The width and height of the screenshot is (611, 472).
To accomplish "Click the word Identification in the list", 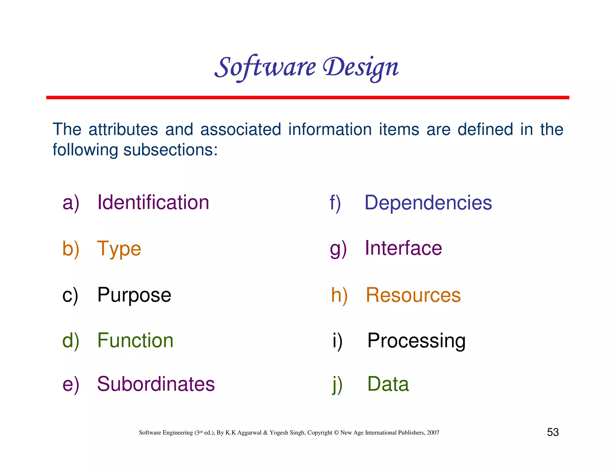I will [153, 202].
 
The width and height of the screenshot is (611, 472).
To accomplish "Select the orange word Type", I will [119, 249].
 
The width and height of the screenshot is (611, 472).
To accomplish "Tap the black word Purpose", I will [134, 295].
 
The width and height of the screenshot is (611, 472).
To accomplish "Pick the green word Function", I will [135, 340].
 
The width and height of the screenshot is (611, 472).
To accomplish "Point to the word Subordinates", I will [156, 384].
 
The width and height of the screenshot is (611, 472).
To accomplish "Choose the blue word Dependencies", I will [428, 203].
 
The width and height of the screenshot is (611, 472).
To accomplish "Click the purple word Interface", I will [403, 248].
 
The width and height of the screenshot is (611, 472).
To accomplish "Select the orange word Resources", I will [413, 295].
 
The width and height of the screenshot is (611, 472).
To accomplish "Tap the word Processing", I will [416, 341].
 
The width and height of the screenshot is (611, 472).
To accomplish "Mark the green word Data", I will [388, 384].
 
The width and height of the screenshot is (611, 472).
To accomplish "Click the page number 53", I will [553, 432].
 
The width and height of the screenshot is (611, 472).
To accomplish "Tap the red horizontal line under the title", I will [307, 98].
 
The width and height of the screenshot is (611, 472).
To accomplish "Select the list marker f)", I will [335, 203].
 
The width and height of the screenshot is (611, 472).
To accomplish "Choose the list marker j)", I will [337, 385].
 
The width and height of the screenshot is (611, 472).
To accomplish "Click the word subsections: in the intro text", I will [170, 150].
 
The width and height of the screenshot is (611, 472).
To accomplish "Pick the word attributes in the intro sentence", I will [123, 129].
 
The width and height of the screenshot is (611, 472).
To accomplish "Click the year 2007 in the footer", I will [433, 433].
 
